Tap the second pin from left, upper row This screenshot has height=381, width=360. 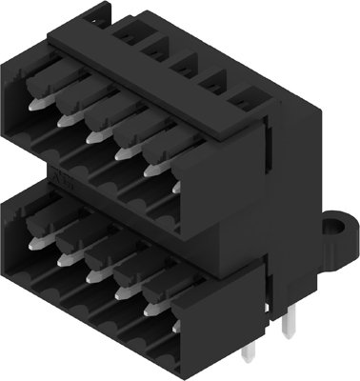coord(67,118)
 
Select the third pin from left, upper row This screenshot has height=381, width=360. coord(94,135)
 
